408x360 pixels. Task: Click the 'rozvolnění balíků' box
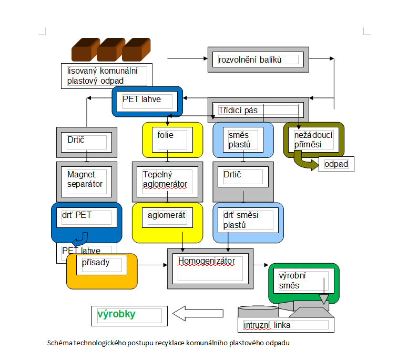[258, 59]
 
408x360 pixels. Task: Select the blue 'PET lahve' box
[147, 101]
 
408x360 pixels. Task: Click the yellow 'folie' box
[172, 139]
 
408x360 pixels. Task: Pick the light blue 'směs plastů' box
[243, 139]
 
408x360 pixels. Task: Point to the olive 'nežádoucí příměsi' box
[314, 139]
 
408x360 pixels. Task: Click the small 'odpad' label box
[336, 164]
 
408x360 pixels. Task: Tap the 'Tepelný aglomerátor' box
[167, 181]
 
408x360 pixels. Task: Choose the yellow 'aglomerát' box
[167, 221]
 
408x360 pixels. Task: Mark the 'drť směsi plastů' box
[248, 222]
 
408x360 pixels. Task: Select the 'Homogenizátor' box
[210, 268]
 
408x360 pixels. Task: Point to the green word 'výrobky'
[117, 315]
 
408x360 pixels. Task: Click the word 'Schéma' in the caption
[58, 343]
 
